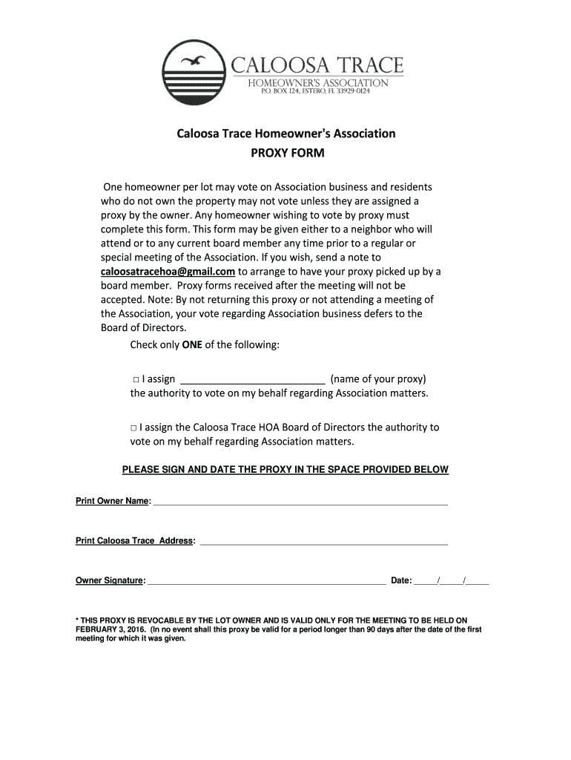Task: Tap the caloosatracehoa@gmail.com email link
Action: pyautogui.click(x=168, y=272)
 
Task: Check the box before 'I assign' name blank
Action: pyautogui.click(x=134, y=379)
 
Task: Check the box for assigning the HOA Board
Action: pyautogui.click(x=134, y=428)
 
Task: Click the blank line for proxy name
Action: pyautogui.click(x=253, y=379)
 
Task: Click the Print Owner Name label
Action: pyautogui.click(x=113, y=501)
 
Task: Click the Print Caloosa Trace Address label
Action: pyautogui.click(x=136, y=541)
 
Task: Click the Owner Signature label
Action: pyautogui.click(x=110, y=580)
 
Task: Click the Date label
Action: pyautogui.click(x=401, y=580)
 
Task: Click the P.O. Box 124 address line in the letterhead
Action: pyautogui.click(x=314, y=91)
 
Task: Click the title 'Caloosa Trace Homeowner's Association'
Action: pyautogui.click(x=285, y=134)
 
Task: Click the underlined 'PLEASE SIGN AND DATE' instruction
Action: pyautogui.click(x=285, y=470)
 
